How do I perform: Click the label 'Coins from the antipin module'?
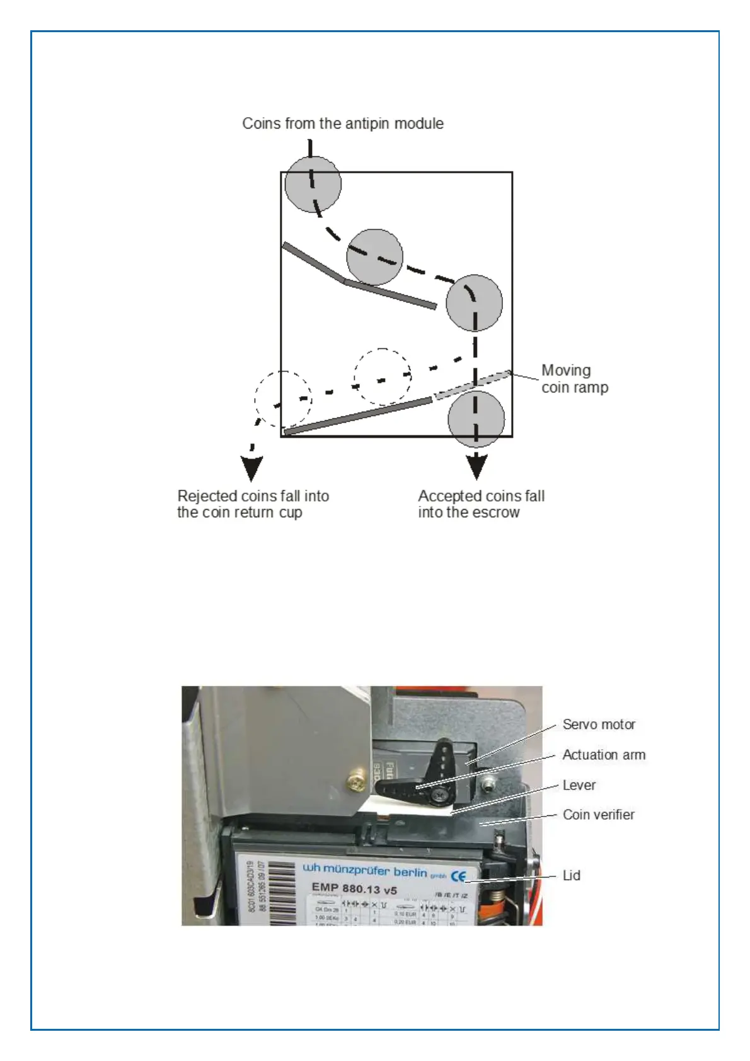(x=342, y=123)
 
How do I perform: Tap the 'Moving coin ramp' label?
(x=574, y=379)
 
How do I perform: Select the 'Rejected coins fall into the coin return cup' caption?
(x=253, y=504)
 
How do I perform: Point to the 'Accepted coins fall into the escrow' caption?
(x=481, y=504)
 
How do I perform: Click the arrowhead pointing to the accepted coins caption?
(x=476, y=466)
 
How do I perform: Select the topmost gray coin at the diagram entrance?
(x=313, y=184)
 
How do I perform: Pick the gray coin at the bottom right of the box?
(x=476, y=419)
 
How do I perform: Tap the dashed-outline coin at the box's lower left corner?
(x=283, y=398)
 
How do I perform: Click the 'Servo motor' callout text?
(x=599, y=725)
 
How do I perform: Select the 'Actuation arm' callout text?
(x=603, y=755)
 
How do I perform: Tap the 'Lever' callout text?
(x=579, y=785)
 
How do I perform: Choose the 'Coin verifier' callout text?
(x=598, y=815)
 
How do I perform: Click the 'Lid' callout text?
(x=571, y=876)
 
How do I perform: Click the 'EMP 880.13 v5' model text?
(x=354, y=888)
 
